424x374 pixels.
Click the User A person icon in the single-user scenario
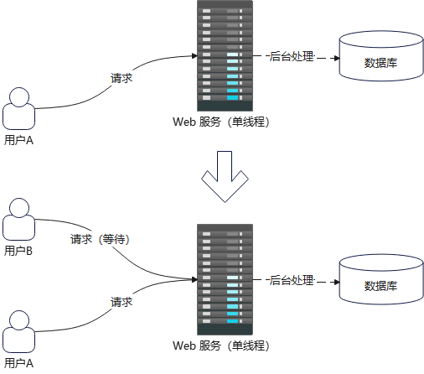coord(18,110)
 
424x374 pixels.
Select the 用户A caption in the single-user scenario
coord(18,140)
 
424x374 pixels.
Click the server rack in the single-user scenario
coord(224,55)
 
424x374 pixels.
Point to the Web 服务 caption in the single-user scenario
coord(221,122)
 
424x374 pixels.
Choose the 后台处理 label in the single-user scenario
coord(291,57)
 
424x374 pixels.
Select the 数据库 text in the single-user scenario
coord(380,63)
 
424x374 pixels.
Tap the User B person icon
coord(18,221)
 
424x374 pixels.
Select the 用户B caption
coord(18,251)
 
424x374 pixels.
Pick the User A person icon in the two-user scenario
coord(18,332)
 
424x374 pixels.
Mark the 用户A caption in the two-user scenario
coord(18,362)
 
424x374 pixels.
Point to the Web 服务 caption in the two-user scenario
coord(221,345)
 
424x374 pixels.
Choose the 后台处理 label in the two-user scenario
coord(291,279)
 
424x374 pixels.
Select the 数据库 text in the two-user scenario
coord(380,286)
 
